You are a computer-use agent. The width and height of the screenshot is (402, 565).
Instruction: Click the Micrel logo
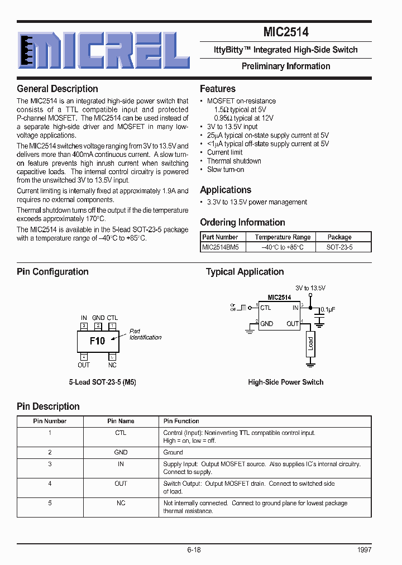[x=104, y=50]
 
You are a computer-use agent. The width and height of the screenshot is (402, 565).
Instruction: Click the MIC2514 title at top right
[x=286, y=32]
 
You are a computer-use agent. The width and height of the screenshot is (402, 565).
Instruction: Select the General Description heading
[x=58, y=89]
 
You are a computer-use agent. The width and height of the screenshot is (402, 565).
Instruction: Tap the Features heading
[x=218, y=89]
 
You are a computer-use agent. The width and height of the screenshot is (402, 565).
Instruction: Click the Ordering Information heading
[x=242, y=222]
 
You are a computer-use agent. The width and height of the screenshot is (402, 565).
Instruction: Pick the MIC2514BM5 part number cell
[x=220, y=246]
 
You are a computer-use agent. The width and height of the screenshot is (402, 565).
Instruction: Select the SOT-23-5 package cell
[x=339, y=246]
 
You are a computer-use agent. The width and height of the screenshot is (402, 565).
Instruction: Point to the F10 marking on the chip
[x=97, y=341]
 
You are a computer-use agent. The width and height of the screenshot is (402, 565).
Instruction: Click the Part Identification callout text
[x=145, y=334]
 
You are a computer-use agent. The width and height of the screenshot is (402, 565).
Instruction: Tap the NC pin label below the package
[x=112, y=365]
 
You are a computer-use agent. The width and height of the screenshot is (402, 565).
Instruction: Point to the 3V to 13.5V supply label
[x=310, y=288]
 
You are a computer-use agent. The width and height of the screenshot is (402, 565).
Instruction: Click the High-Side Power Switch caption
[x=285, y=382]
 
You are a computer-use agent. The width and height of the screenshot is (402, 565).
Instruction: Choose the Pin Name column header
[x=121, y=421]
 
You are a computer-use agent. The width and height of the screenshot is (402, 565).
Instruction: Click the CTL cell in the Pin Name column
[x=121, y=433]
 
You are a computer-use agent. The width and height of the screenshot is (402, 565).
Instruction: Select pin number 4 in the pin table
[x=50, y=483]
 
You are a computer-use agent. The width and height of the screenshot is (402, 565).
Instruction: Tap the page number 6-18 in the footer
[x=194, y=550]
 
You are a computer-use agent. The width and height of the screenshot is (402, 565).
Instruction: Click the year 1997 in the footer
[x=363, y=550]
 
